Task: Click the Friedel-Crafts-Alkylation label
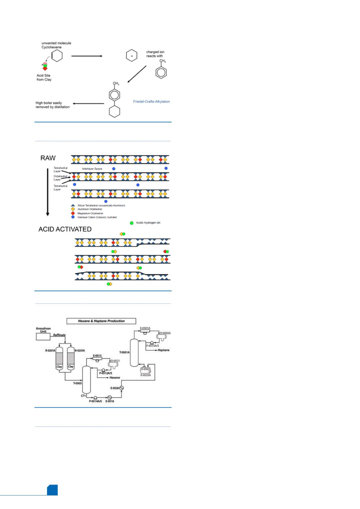[151, 102]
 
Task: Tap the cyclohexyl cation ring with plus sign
[132, 56]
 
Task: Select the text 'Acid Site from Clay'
[44, 78]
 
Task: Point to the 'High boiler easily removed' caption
[53, 105]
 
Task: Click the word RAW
[48, 158]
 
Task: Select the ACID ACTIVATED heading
[65, 229]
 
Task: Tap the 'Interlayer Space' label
[92, 169]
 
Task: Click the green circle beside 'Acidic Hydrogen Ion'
[132, 223]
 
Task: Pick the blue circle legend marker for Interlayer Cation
[73, 217]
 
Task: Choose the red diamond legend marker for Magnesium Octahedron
[73, 213]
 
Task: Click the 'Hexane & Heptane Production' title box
[101, 321]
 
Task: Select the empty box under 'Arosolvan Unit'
[43, 337]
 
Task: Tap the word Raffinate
[59, 335]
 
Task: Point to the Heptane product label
[163, 350]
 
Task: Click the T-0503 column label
[77, 383]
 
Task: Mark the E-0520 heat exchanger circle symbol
[122, 388]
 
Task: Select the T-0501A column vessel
[134, 353]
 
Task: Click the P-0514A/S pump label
[95, 401]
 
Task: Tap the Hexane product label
[115, 378]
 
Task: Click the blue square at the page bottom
[52, 490]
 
